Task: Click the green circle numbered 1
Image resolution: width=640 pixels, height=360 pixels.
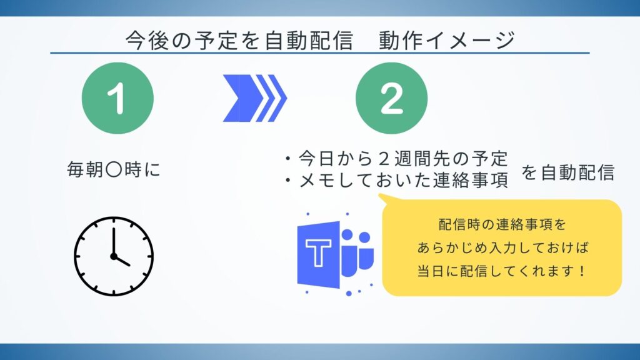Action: [117, 98]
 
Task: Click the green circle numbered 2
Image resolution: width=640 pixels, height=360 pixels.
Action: [391, 98]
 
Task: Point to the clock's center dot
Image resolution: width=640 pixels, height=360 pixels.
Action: [114, 256]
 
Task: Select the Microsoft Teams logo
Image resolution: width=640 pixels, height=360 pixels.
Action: [335, 256]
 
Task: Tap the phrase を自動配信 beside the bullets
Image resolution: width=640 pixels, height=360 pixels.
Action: [568, 173]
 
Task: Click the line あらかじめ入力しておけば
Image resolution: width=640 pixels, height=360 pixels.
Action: [502, 248]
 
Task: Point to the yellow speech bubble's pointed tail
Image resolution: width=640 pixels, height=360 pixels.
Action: [382, 199]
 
